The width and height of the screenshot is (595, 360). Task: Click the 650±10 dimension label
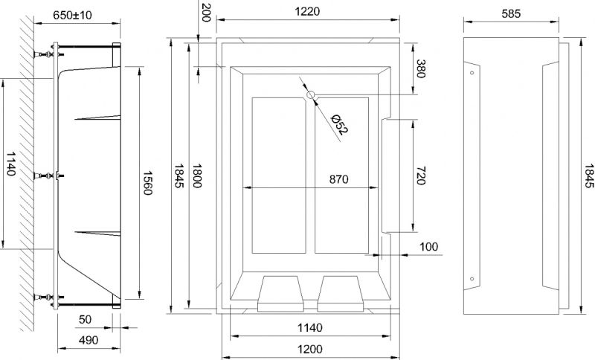pyautogui.click(x=74, y=14)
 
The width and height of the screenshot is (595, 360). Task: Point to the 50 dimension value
pyautogui.click(x=84, y=319)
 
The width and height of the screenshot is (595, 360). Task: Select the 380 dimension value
pyautogui.click(x=421, y=69)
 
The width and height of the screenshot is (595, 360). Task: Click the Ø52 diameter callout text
pyautogui.click(x=339, y=123)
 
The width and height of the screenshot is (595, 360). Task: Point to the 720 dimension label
pyautogui.click(x=420, y=176)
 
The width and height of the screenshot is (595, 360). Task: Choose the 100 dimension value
pyautogui.click(x=428, y=246)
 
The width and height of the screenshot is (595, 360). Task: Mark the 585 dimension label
pyautogui.click(x=510, y=14)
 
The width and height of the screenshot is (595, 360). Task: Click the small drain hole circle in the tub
pyautogui.click(x=311, y=94)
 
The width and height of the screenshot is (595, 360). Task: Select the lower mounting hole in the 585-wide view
pyautogui.click(x=471, y=279)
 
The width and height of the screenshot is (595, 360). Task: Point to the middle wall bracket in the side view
pyautogui.click(x=51, y=176)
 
